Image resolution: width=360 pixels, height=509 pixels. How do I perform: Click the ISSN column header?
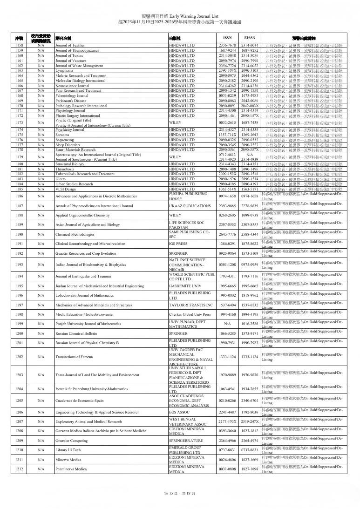(x=228, y=38)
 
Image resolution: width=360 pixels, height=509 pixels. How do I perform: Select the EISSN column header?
(x=250, y=38)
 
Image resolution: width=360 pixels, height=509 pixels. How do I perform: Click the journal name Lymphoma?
(x=63, y=70)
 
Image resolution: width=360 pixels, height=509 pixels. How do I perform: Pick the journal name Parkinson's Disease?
(x=71, y=101)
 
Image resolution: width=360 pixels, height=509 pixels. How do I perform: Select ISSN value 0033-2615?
(x=228, y=122)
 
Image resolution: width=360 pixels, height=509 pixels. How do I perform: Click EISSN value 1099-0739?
(x=250, y=216)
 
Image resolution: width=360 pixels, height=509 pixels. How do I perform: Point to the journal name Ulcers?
(x=61, y=192)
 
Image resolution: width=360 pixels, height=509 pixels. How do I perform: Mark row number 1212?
(x=19, y=469)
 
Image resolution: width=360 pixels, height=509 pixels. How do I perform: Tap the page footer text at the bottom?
(x=179, y=493)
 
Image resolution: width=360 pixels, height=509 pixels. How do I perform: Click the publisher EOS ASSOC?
(x=181, y=412)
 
